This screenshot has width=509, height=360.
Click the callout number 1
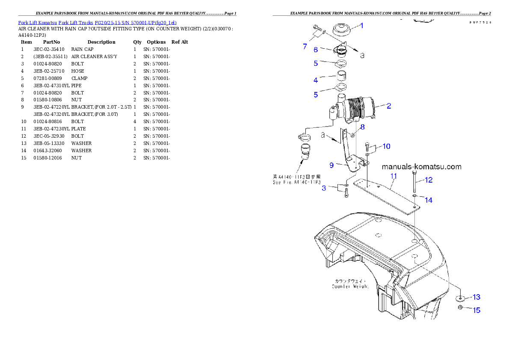361,26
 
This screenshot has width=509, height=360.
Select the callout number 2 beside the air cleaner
388,106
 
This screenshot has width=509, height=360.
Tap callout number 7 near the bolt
305,47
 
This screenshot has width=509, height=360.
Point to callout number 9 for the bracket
331,165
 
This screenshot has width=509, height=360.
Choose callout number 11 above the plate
394,176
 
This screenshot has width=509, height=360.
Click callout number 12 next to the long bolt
429,180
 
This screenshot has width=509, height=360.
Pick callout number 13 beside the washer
476,297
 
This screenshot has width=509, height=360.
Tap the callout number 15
476,310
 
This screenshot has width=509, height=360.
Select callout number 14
428,200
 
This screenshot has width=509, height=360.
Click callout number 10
386,146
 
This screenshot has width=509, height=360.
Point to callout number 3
324,188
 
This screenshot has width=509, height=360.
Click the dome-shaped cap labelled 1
342,29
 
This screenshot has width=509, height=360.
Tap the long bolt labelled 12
414,182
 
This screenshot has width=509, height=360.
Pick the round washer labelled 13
460,298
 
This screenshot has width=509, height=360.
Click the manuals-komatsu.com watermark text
421,167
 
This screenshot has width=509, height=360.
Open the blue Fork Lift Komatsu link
97,22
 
